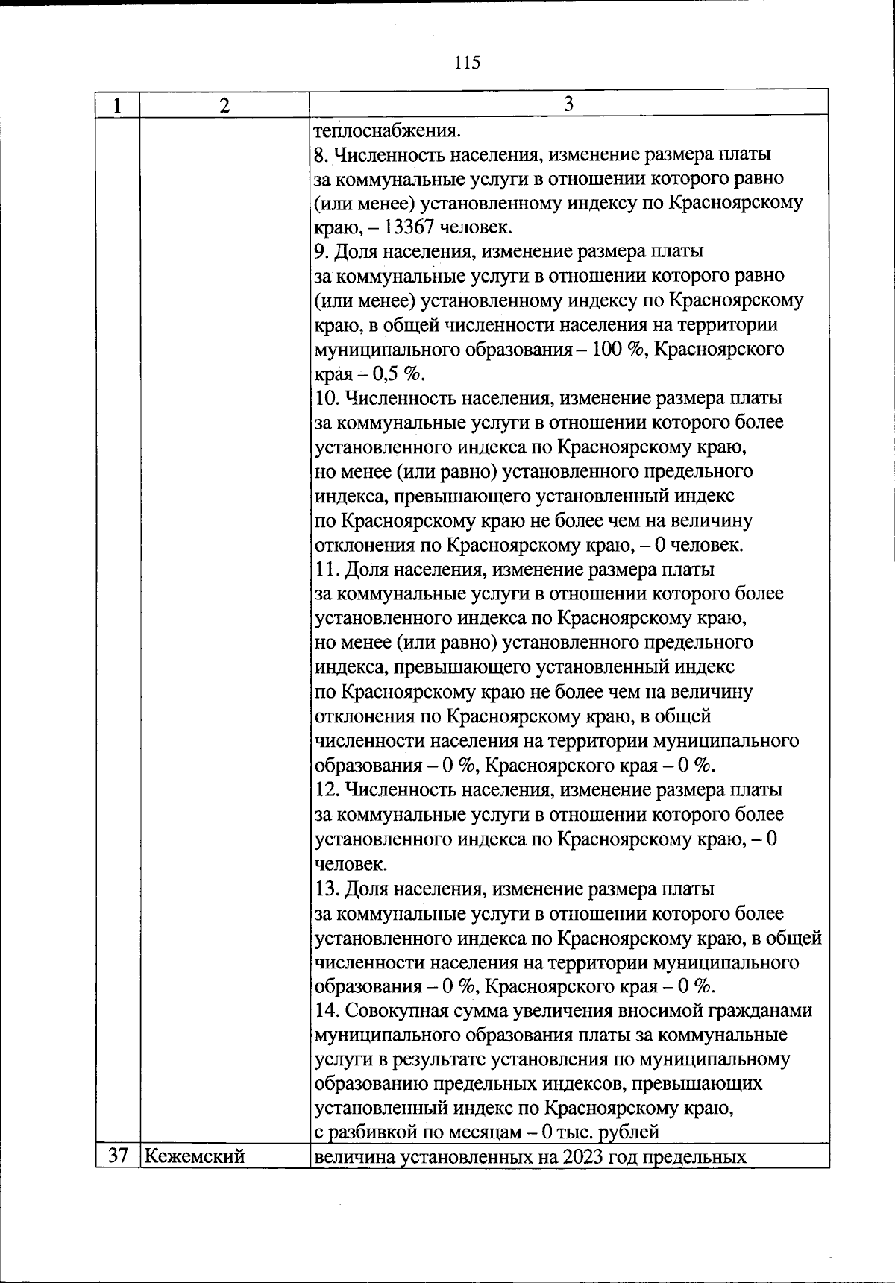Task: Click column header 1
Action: [117, 105]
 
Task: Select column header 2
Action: [224, 105]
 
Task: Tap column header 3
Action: [568, 104]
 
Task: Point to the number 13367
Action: [410, 227]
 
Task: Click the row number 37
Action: [118, 1156]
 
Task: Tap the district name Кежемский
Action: [195, 1156]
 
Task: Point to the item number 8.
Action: [321, 155]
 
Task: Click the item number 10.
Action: [326, 398]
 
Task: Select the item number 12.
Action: [326, 790]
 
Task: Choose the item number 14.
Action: [326, 1011]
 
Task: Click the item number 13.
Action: [326, 889]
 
